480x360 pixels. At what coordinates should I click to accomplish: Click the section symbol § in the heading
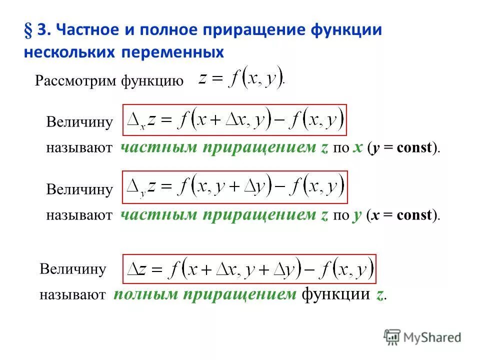(28, 30)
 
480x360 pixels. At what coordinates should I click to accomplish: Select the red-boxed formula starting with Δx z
(234, 120)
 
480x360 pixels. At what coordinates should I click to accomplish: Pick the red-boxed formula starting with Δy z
(234, 187)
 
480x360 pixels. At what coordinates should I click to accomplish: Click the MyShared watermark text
(432, 337)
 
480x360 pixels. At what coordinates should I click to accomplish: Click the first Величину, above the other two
(79, 122)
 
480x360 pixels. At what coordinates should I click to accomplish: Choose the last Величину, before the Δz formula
(73, 269)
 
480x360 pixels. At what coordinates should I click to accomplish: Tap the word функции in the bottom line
(335, 294)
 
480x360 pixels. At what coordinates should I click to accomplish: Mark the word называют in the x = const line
(79, 215)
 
